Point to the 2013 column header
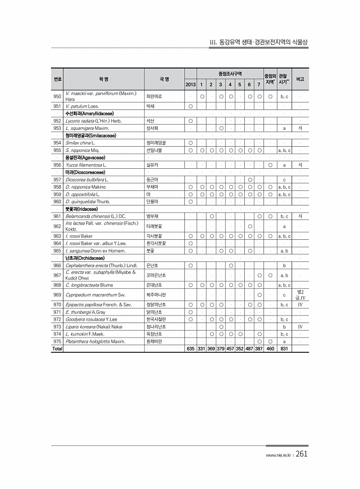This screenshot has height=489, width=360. (x=190, y=85)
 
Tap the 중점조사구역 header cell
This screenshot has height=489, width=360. (x=230, y=73)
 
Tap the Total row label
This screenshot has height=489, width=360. (x=58, y=348)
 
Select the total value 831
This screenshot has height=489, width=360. (x=284, y=348)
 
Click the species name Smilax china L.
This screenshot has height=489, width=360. (x=80, y=143)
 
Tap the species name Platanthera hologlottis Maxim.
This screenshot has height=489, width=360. (x=95, y=342)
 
